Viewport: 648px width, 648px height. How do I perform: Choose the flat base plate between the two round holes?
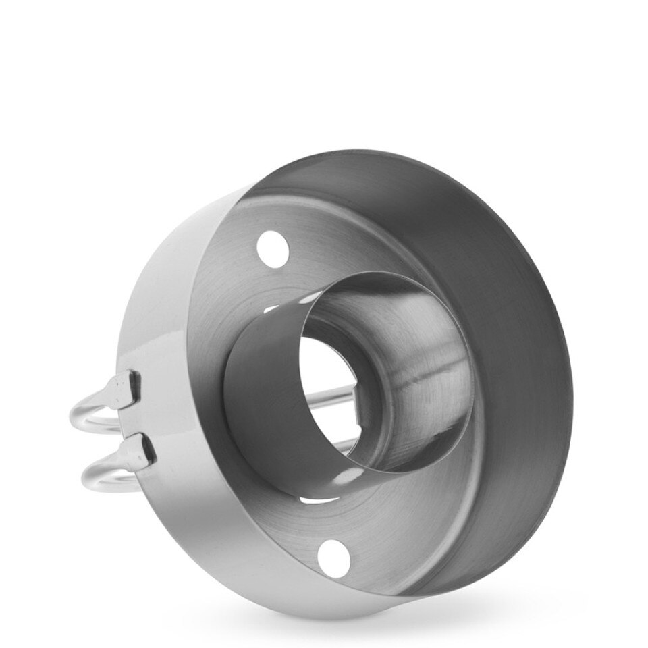click(x=223, y=378)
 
